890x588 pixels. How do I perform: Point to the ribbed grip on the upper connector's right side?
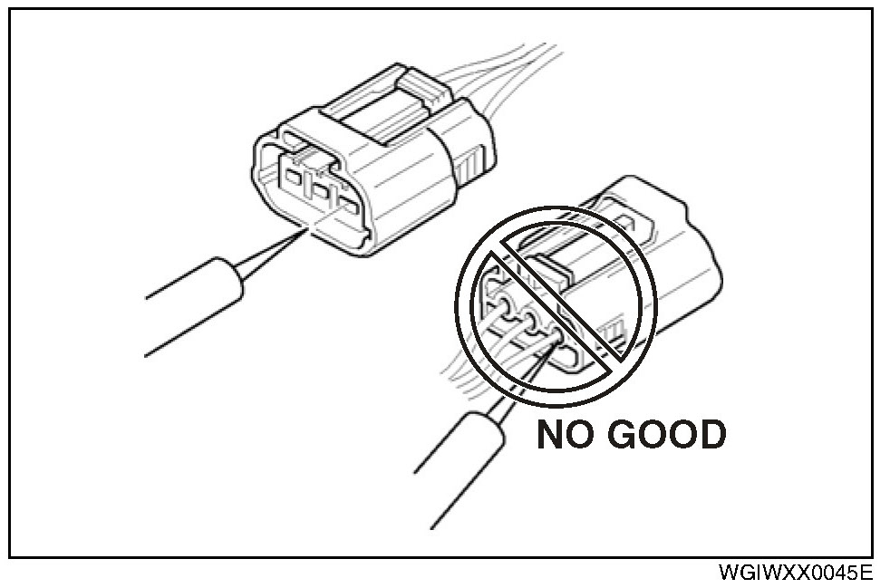(470, 163)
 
